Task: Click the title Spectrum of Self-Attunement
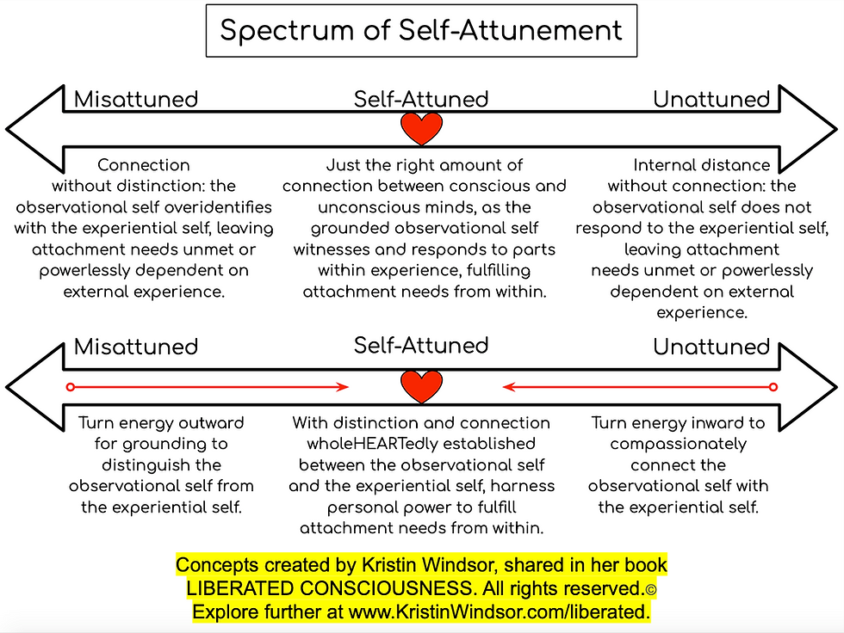pos(421,31)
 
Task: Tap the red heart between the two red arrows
pos(422,386)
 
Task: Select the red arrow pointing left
pos(637,387)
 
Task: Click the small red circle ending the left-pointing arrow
pos(773,387)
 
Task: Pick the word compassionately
pos(678,444)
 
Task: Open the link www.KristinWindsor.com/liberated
pos(500,612)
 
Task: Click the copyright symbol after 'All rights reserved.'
pos(651,589)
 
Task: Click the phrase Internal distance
pos(702,165)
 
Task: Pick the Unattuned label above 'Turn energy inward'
pos(711,347)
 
